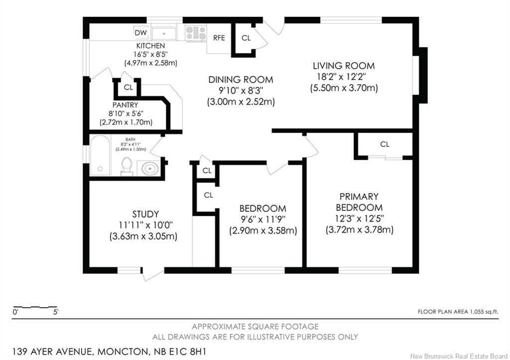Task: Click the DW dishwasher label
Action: click(140, 32)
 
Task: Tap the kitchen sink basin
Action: click(164, 33)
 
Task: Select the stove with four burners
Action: click(196, 33)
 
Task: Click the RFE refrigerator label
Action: click(219, 38)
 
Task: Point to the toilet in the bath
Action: click(127, 166)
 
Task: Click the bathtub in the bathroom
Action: click(100, 155)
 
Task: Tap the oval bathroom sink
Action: click(149, 168)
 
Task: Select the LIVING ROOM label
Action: click(344, 66)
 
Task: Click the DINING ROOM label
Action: click(241, 80)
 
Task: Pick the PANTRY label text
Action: click(125, 105)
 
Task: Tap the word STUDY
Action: click(145, 214)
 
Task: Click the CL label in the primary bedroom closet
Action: click(385, 144)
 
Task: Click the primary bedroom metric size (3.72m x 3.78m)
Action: click(360, 230)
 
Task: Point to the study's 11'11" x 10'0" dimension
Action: click(145, 225)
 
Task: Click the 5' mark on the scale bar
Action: click(56, 313)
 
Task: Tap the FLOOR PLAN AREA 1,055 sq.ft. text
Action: click(458, 312)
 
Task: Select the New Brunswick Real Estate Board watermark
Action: click(459, 356)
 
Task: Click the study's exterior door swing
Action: click(152, 274)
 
